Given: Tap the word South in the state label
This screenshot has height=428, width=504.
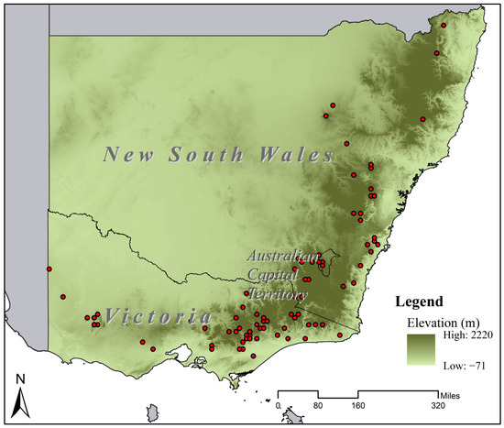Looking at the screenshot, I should pyautogui.click(x=200, y=154).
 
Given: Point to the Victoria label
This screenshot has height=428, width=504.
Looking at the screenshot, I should pyautogui.click(x=157, y=317).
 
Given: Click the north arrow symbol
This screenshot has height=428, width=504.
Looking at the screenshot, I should pyautogui.click(x=22, y=401).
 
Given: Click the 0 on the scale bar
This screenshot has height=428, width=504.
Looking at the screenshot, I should pyautogui.click(x=278, y=405).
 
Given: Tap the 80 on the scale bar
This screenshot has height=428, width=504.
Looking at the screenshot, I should pyautogui.click(x=318, y=405).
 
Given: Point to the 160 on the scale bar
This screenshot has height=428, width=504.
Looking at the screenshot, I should pyautogui.click(x=358, y=405).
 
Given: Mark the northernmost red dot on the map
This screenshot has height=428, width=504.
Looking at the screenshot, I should pyautogui.click(x=443, y=26).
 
